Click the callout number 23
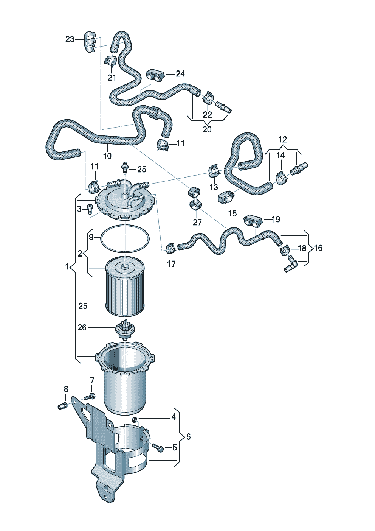[x=70, y=39]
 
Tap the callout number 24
[x=180, y=73]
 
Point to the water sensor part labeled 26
[x=124, y=329]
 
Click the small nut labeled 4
[x=134, y=419]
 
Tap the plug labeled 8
[x=61, y=406]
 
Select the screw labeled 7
[x=89, y=397]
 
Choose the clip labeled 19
[x=251, y=220]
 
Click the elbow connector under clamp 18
[x=291, y=263]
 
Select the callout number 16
[x=318, y=248]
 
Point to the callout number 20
[x=207, y=129]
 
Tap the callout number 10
[x=107, y=155]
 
